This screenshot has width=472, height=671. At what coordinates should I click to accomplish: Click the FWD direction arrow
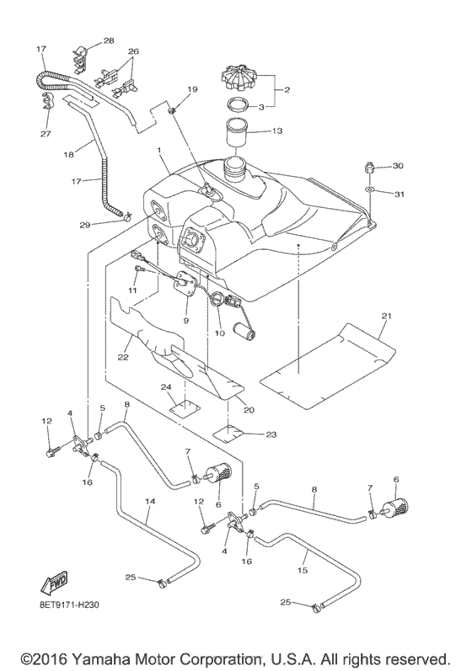click(x=52, y=583)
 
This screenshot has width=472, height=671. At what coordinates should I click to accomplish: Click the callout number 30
click(x=399, y=166)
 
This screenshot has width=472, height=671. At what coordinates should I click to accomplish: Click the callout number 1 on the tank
click(x=156, y=151)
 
